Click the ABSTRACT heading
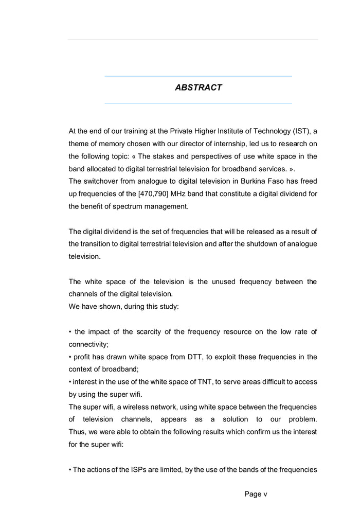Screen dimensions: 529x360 click(x=198, y=87)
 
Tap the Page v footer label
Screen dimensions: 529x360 click(x=256, y=494)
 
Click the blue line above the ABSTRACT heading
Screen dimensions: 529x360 click(x=198, y=76)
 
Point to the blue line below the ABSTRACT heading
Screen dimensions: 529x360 click(x=198, y=103)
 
